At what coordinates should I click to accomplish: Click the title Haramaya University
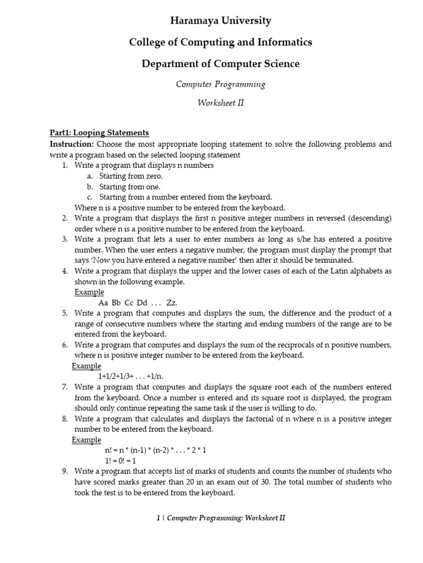tap(220, 21)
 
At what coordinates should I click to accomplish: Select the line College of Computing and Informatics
tap(220, 42)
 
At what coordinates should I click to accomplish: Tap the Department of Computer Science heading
tap(220, 64)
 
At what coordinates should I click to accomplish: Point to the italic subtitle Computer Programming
tap(220, 84)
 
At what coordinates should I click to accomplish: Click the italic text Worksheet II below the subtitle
tap(220, 103)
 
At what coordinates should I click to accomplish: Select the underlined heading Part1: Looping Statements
tap(99, 133)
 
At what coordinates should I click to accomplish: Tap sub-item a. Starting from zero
tap(131, 176)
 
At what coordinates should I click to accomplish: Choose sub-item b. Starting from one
tap(129, 186)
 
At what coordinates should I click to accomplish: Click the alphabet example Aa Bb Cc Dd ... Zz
tap(138, 303)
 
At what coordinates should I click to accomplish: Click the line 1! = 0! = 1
tap(120, 461)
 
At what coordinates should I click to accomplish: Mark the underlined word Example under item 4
tap(89, 292)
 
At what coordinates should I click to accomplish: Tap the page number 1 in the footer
tap(159, 517)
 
